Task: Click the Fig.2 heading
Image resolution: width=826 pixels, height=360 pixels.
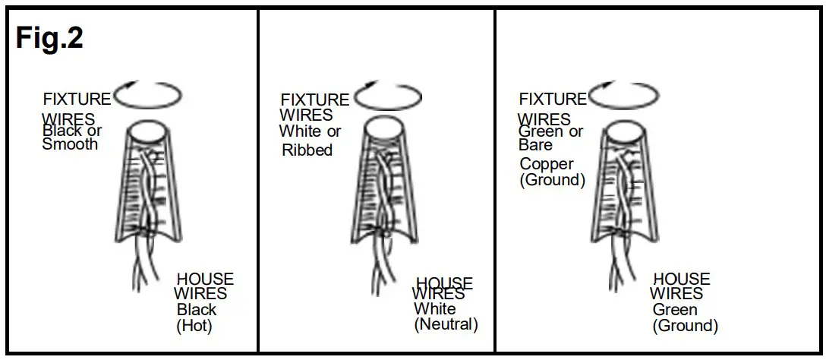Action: coord(49,38)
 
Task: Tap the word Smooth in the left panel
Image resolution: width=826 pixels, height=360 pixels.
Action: coord(70,144)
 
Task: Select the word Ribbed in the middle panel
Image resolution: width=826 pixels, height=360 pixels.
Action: coord(307,150)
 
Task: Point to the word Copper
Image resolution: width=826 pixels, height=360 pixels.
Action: coord(547,164)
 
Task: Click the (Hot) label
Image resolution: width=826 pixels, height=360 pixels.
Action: coord(194,326)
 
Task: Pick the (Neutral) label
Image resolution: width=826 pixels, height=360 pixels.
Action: coord(446,324)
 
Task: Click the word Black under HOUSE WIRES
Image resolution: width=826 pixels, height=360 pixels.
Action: coord(197,310)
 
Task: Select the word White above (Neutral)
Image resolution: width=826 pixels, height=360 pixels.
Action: coord(435,309)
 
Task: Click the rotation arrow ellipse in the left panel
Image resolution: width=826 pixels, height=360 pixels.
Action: coord(148,96)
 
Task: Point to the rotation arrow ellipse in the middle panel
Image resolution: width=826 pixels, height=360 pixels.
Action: coord(388,97)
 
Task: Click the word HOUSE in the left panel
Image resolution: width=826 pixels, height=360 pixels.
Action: coord(205,279)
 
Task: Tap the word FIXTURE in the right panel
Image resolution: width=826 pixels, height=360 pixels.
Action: coord(553,99)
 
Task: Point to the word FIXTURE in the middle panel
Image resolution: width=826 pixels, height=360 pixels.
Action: coord(314,100)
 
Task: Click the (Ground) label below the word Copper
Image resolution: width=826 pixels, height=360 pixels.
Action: coord(553,180)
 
